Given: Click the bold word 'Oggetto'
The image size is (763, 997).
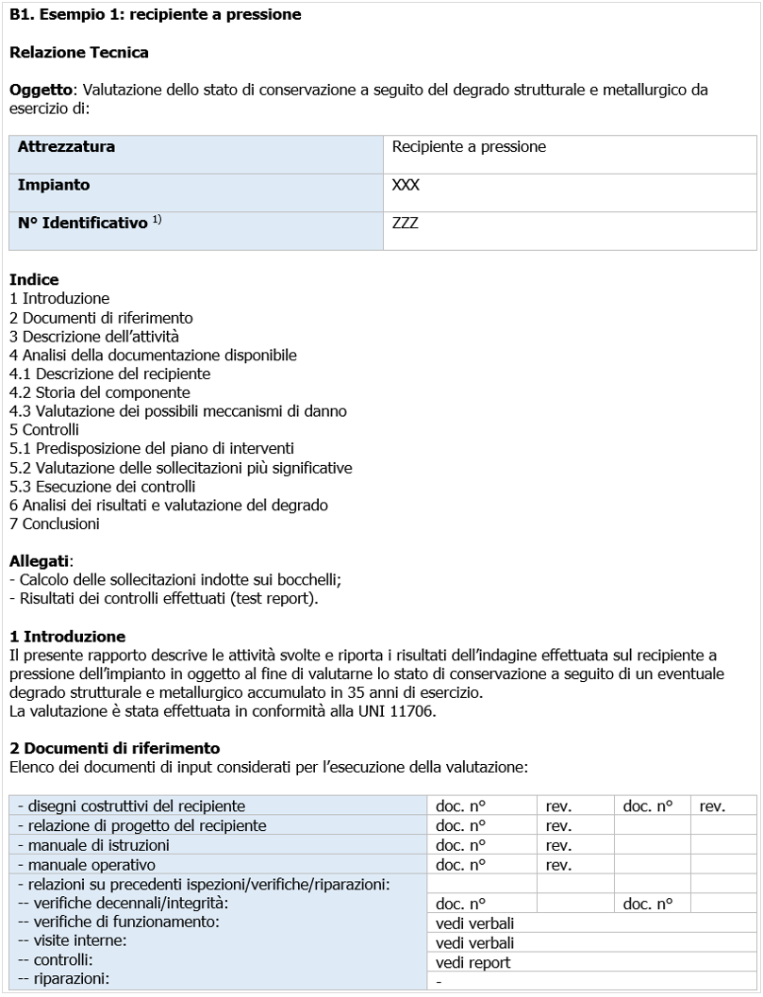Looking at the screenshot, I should (x=44, y=91).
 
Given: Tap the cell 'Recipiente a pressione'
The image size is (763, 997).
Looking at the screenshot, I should (x=469, y=147).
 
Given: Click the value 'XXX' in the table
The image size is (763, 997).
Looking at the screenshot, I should (x=406, y=186).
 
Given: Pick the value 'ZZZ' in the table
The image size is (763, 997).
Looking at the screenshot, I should (x=405, y=224).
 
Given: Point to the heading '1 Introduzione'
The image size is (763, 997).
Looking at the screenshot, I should (x=66, y=637).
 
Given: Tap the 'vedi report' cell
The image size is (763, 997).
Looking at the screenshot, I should (x=473, y=963).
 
